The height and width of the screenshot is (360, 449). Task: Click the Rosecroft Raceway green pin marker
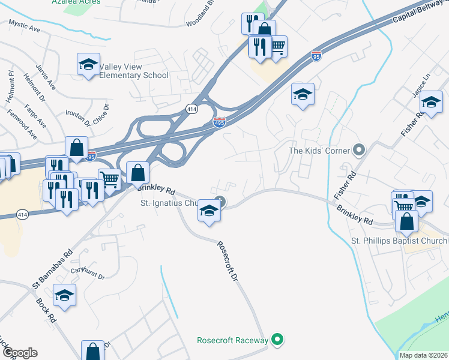click(x=277, y=340)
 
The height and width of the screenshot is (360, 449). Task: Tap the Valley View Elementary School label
click(x=134, y=71)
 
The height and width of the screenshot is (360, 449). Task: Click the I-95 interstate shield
click(x=316, y=56)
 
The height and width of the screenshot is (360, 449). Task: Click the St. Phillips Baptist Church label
click(x=399, y=241)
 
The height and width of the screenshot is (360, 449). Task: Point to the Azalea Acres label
click(x=76, y=2)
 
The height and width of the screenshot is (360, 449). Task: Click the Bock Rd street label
click(x=46, y=309)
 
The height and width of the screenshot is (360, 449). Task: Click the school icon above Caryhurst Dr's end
click(x=64, y=296)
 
